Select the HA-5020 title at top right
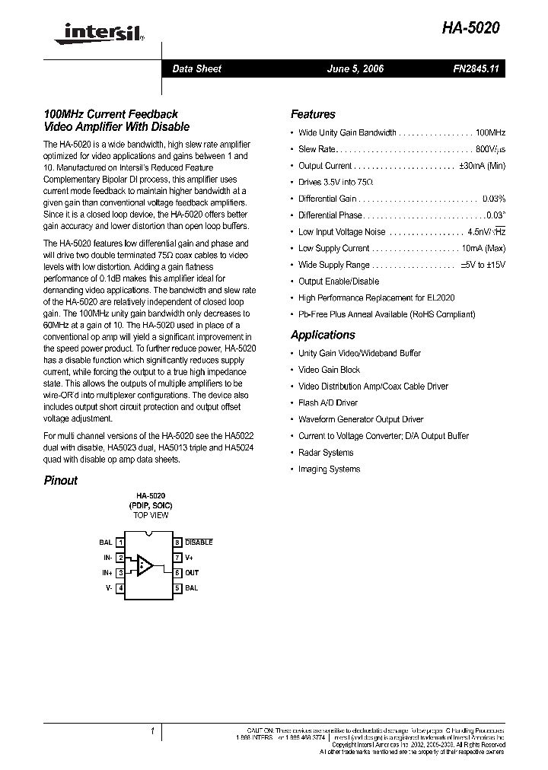pyautogui.click(x=471, y=28)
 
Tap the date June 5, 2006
pyautogui.click(x=355, y=68)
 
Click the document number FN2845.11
pyautogui.click(x=475, y=68)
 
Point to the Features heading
pyautogui.click(x=313, y=114)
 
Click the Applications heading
pyautogui.click(x=323, y=335)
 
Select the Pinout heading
pyautogui.click(x=60, y=480)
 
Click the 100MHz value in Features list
pyautogui.click(x=490, y=132)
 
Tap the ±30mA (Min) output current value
pyautogui.click(x=482, y=166)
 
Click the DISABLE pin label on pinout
pyautogui.click(x=199, y=542)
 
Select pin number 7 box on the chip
pyautogui.click(x=177, y=558)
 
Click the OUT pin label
pyautogui.click(x=192, y=573)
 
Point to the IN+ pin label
pyautogui.click(x=107, y=573)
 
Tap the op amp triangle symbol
pyautogui.click(x=145, y=565)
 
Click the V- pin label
pyautogui.click(x=109, y=588)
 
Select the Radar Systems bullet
pyautogui.click(x=326, y=453)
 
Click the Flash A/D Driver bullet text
pyautogui.click(x=328, y=402)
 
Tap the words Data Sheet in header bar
pyautogui.click(x=196, y=68)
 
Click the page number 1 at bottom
pyautogui.click(x=152, y=731)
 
